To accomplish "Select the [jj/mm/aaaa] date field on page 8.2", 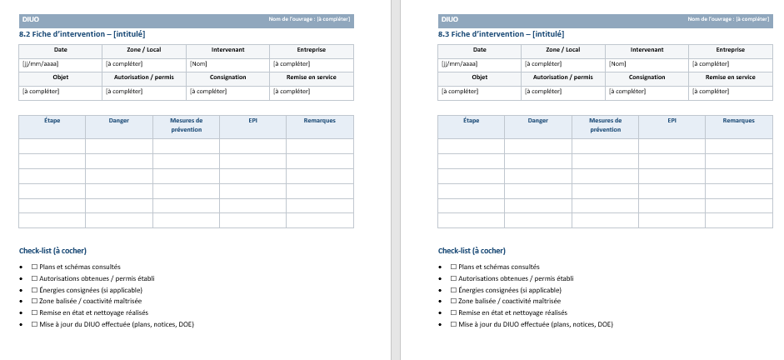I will [x=40, y=63].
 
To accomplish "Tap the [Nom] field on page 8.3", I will [x=617, y=63].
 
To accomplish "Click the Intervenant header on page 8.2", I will [x=227, y=50].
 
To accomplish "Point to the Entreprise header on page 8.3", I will [x=731, y=50].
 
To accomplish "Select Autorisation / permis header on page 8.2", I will [x=143, y=77].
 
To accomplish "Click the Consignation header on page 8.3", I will [x=647, y=77].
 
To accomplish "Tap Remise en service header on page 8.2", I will [x=312, y=77].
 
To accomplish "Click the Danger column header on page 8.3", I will [x=537, y=121].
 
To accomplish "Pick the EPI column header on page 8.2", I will [x=252, y=121].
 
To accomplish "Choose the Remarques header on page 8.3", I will [x=738, y=121].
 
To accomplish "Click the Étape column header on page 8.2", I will [x=52, y=121].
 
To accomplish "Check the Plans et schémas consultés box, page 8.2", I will [x=34, y=267].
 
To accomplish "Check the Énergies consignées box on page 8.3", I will [x=453, y=290].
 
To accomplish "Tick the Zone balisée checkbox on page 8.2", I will [x=34, y=301].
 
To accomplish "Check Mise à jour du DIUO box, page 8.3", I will [x=453, y=324].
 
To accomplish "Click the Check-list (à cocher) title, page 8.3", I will [x=472, y=251].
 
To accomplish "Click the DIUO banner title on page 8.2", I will [x=30, y=19].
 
